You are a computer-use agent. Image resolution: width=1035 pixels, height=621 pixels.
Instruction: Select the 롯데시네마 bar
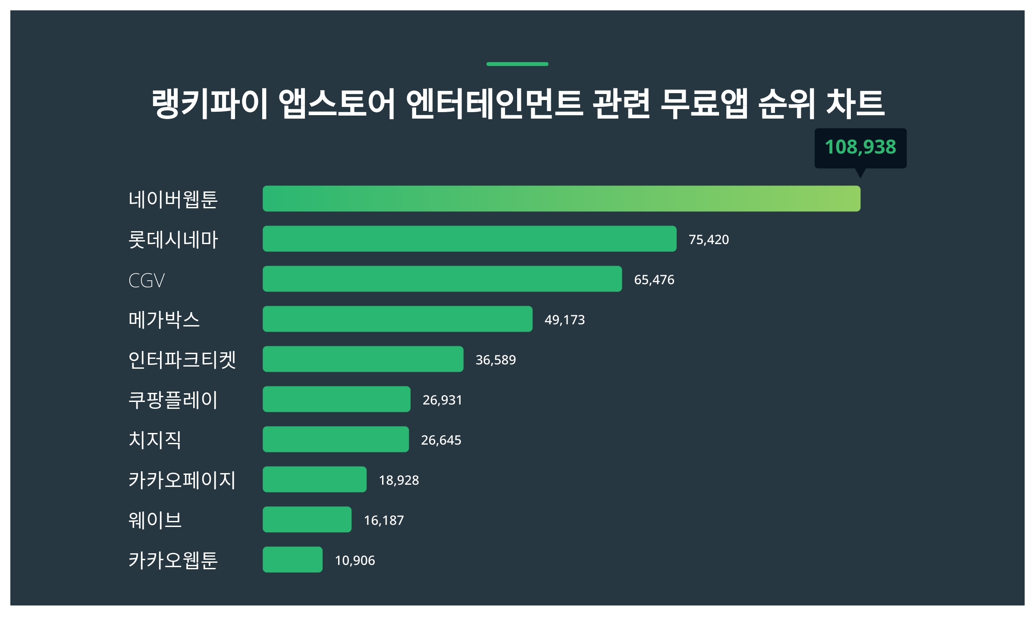[x=469, y=239]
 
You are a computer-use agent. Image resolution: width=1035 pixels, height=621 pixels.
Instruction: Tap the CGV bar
[x=442, y=279]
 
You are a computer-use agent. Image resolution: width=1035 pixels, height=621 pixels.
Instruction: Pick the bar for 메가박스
[x=397, y=319]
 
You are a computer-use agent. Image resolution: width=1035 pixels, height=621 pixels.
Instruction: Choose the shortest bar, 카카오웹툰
[x=292, y=560]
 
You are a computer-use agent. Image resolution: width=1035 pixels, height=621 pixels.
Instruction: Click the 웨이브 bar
[x=307, y=520]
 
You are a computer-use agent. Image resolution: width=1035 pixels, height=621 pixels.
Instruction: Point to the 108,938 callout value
[x=860, y=147]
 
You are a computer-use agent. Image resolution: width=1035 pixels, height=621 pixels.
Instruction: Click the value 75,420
[x=709, y=240]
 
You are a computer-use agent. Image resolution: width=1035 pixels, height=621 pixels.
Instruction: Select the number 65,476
[x=654, y=280]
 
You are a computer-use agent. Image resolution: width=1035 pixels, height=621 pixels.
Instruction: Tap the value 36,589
[x=496, y=360]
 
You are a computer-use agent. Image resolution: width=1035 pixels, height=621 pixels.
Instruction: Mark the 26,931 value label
[x=442, y=400]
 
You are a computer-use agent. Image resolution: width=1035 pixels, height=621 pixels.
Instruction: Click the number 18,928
[x=398, y=480]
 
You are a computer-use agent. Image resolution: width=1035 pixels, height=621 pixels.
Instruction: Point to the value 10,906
[x=354, y=561]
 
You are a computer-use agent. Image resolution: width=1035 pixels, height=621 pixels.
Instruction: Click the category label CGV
[x=147, y=281]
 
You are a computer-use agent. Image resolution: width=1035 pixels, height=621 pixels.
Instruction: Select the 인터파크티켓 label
[x=182, y=360]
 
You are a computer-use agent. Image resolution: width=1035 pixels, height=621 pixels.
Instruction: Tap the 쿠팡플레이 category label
[x=173, y=400]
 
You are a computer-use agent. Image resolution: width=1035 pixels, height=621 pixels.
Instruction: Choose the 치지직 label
[x=155, y=440]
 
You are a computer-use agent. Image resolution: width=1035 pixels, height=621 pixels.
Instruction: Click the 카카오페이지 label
[x=182, y=480]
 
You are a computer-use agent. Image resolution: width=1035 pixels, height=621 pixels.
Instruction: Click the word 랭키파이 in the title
[x=210, y=103]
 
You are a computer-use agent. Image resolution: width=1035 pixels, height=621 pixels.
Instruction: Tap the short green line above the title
[x=517, y=64]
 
